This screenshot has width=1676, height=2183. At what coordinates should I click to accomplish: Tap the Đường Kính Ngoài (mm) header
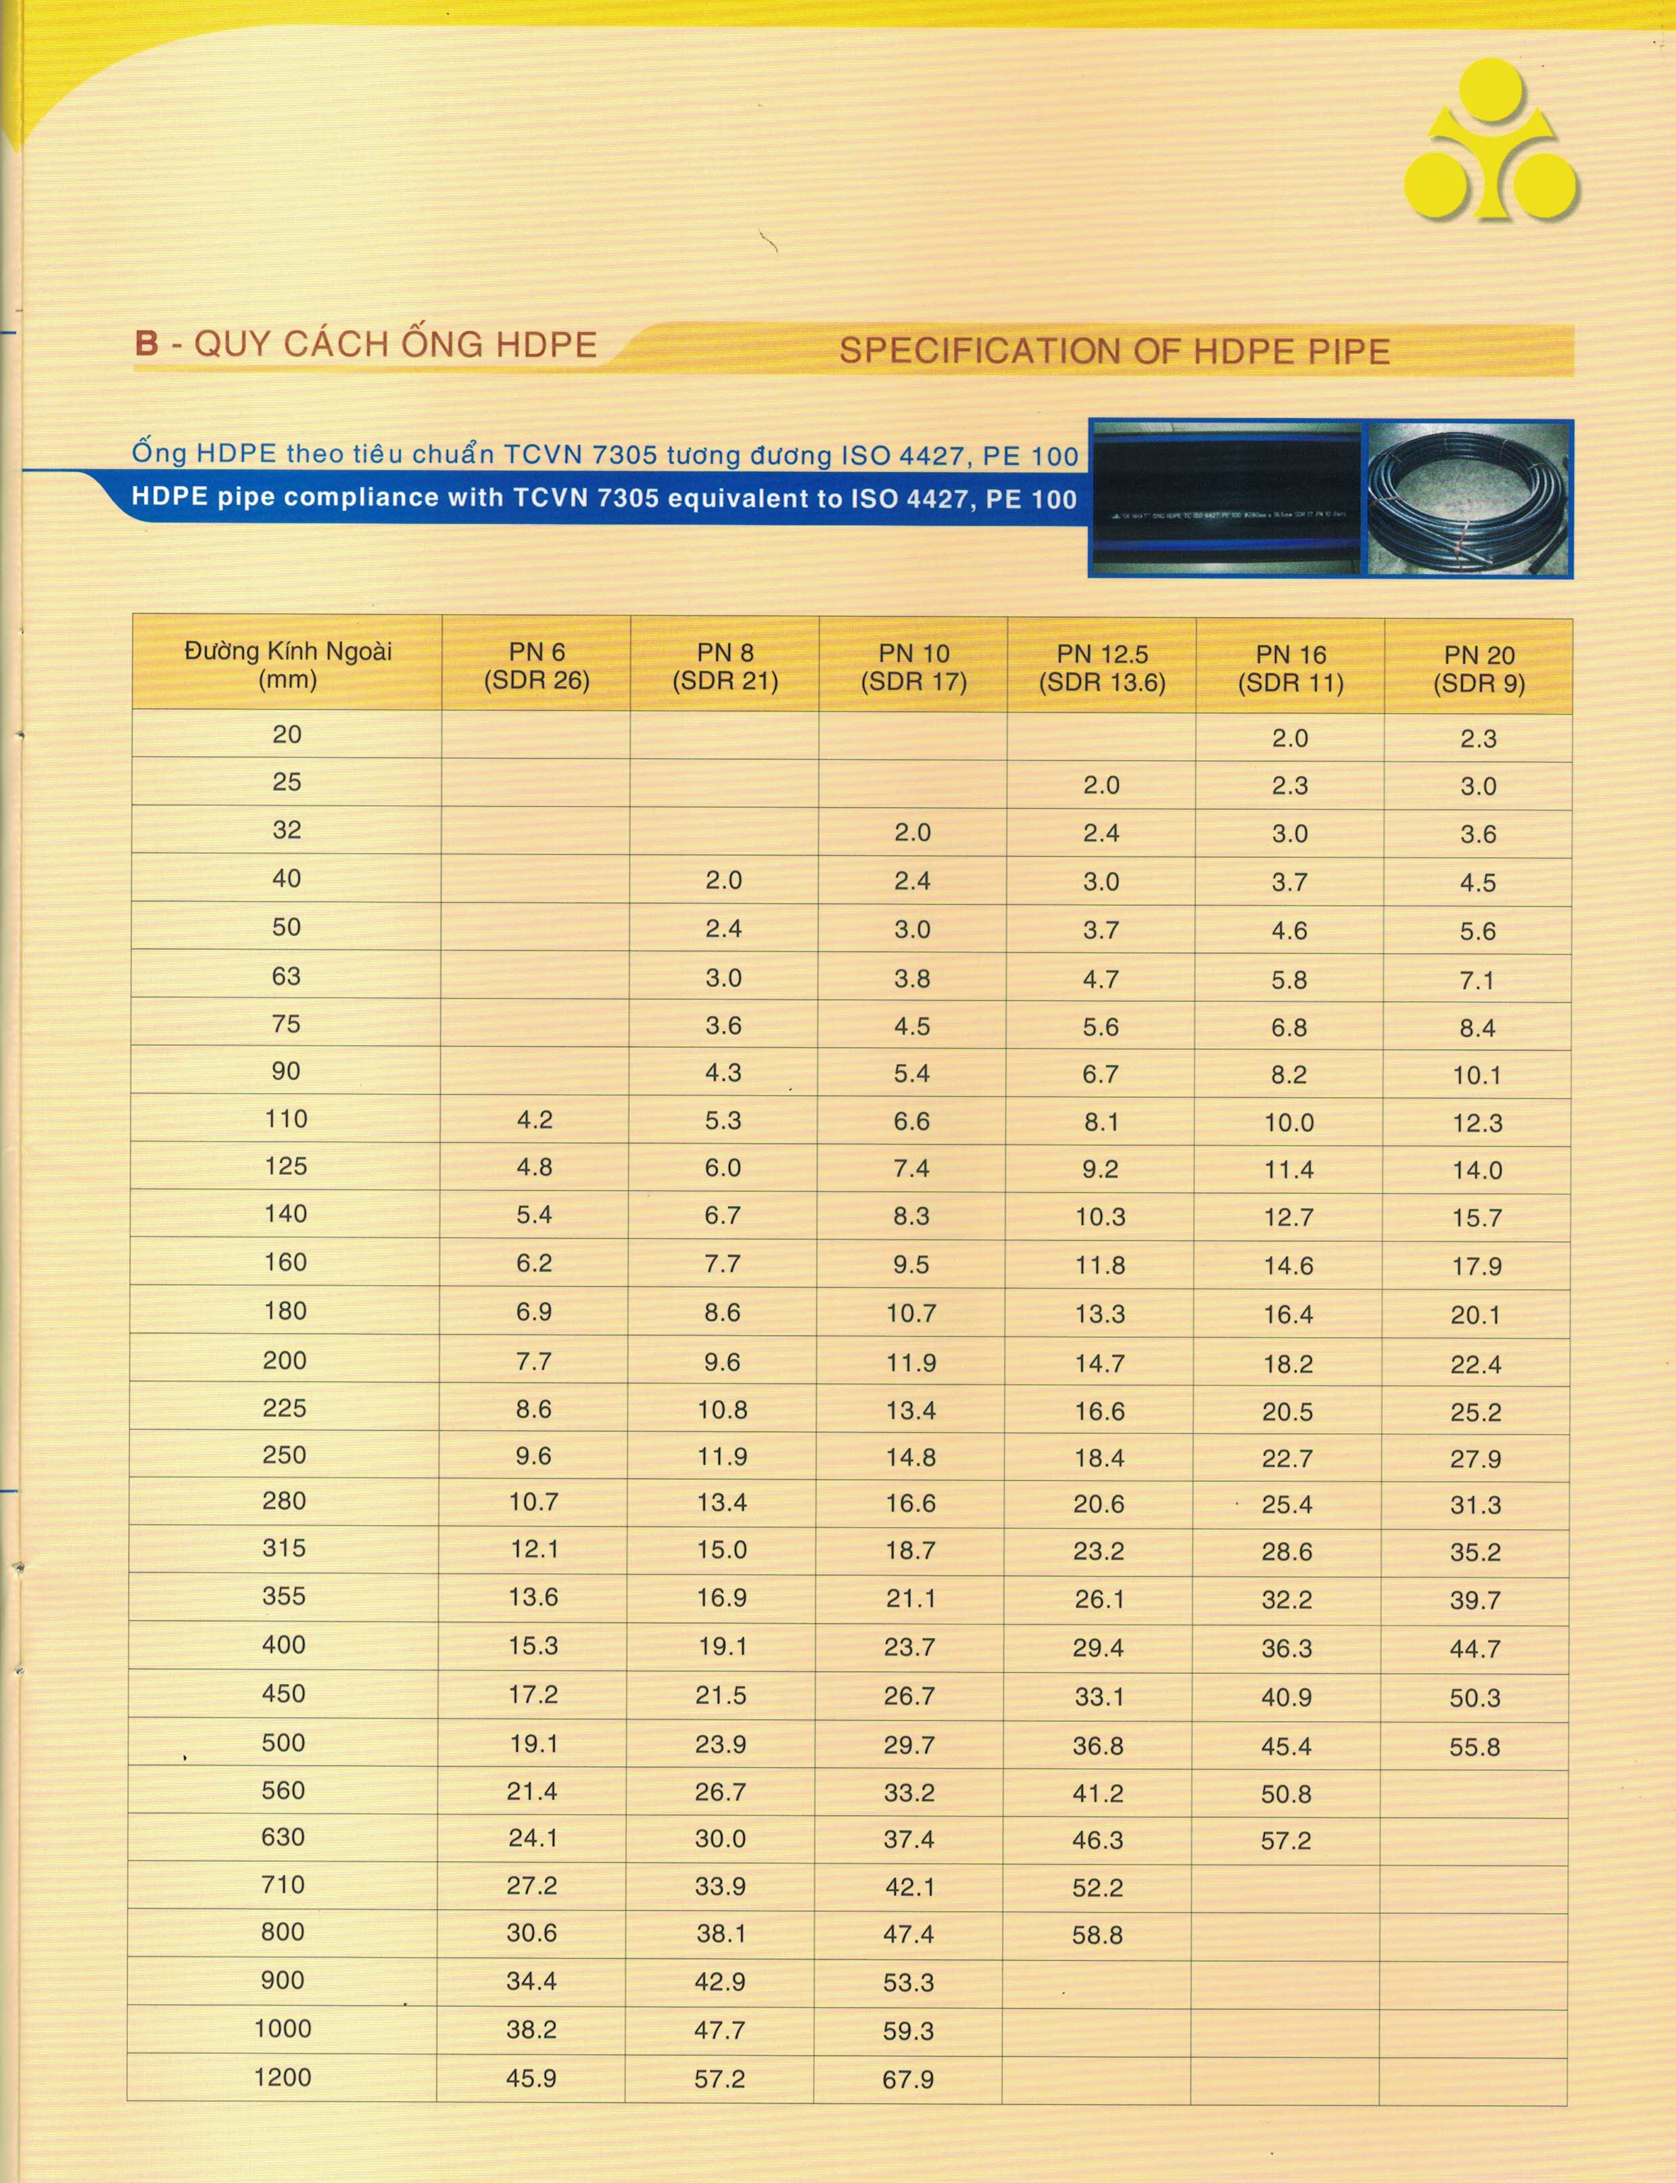[287, 665]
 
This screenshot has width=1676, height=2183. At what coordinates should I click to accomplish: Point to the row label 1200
[283, 2078]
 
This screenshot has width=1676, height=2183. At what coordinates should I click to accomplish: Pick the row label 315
[285, 1548]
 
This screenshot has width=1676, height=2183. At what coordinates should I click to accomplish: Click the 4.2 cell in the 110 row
[535, 1120]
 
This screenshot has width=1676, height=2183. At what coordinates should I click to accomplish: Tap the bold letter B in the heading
[147, 343]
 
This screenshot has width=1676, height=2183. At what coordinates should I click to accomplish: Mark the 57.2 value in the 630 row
[1286, 1840]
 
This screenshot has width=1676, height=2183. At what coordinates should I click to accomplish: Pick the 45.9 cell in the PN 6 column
[531, 2078]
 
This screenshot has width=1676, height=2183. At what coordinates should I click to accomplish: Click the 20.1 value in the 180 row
[1475, 1314]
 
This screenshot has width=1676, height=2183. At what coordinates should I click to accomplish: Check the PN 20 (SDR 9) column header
[1479, 669]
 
